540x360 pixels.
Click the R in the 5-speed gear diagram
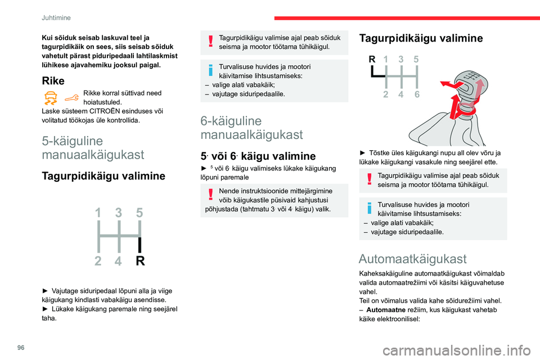click(140, 260)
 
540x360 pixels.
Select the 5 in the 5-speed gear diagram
click(140, 213)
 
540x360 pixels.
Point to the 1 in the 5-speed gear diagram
click(98, 213)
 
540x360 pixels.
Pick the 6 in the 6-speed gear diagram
click(417, 94)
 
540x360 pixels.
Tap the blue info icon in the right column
click(369, 210)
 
